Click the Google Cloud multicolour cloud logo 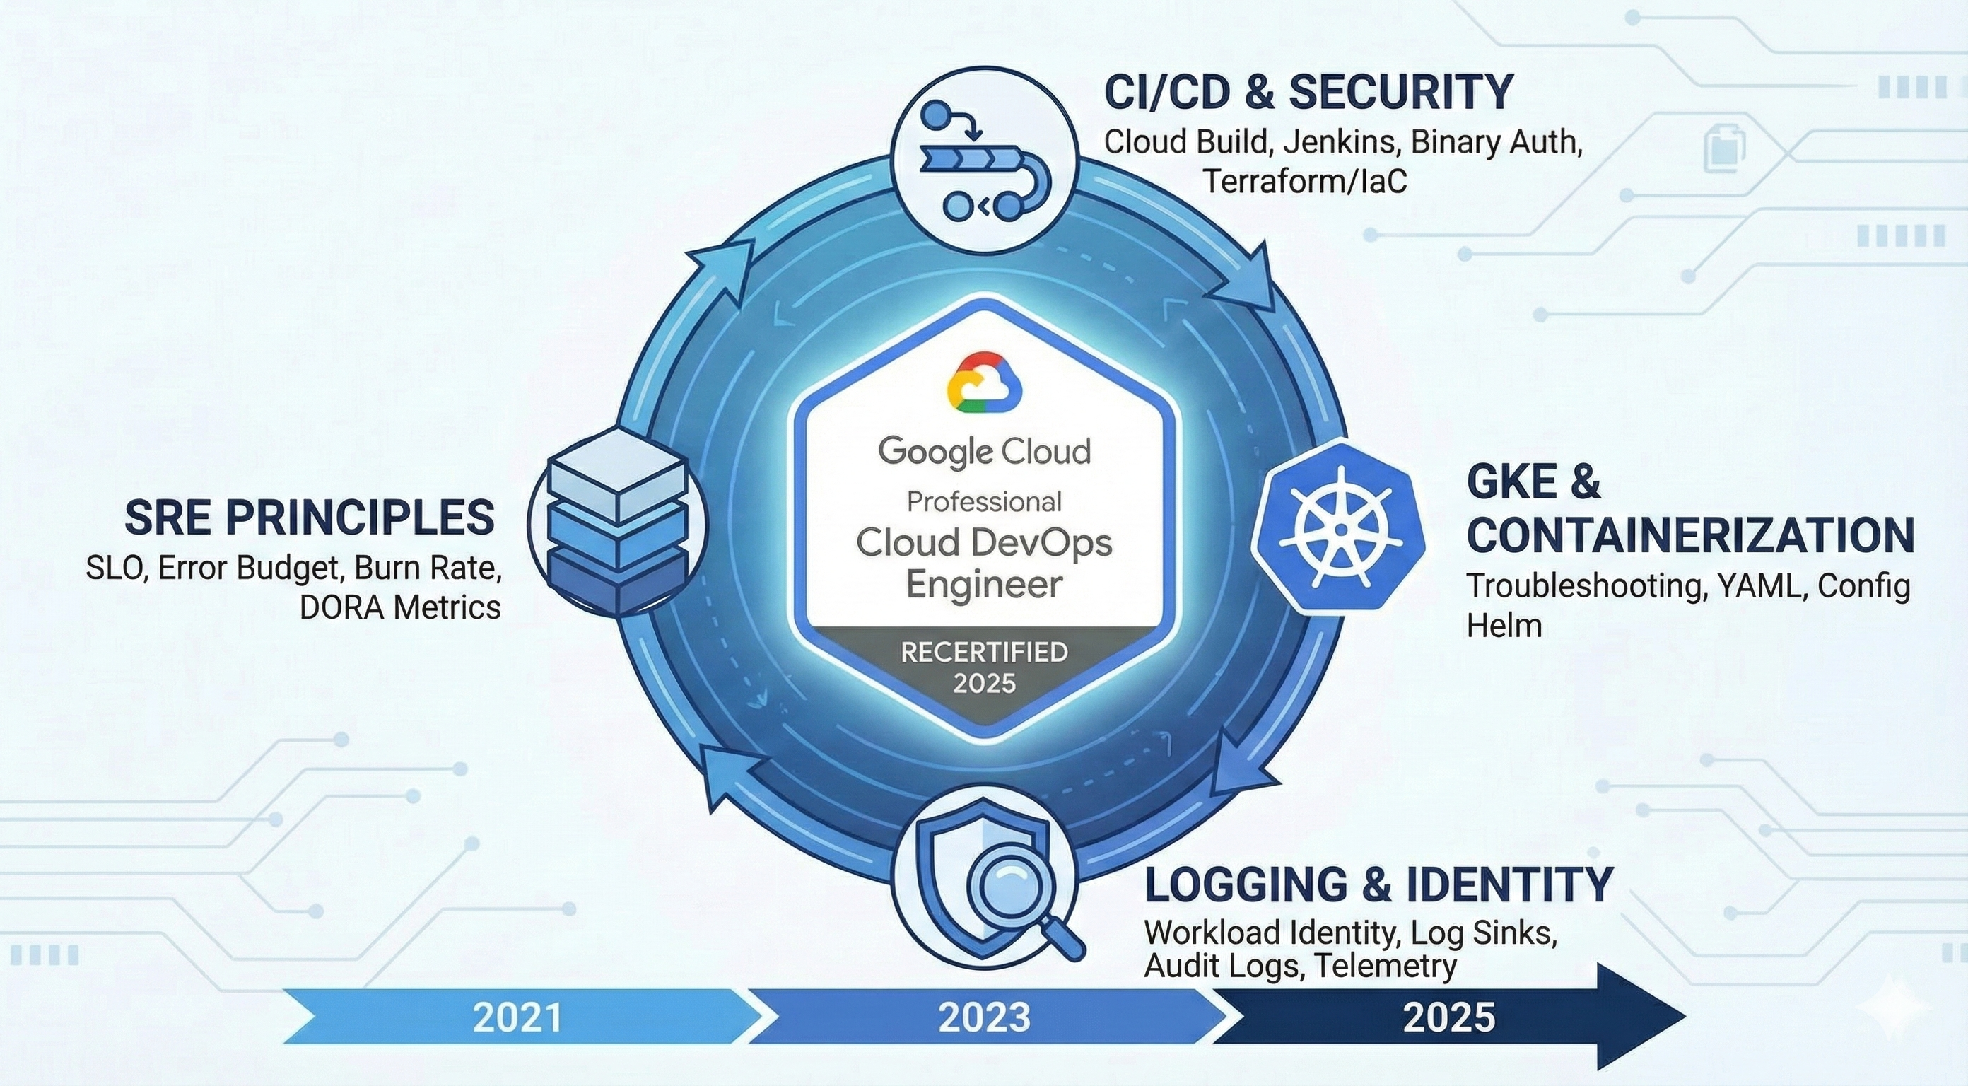[984, 382]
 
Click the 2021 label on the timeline [517, 1017]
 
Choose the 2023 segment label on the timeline [984, 1017]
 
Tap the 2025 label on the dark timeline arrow [1448, 1017]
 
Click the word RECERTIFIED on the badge [984, 652]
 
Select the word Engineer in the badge [984, 585]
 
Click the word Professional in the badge [984, 501]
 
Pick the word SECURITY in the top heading [1400, 93]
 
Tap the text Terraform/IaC [1305, 182]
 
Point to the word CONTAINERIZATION [1690, 535]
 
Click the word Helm [1504, 626]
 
